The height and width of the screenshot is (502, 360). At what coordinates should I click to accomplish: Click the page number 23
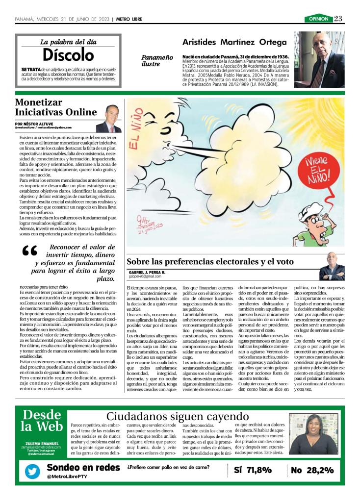pyautogui.click(x=338, y=19)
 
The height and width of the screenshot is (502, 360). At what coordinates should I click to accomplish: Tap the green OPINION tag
pyautogui.click(x=318, y=19)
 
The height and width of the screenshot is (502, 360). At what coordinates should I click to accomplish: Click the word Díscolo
pyautogui.click(x=68, y=54)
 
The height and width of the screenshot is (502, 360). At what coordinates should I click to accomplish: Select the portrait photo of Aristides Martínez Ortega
pyautogui.click(x=319, y=59)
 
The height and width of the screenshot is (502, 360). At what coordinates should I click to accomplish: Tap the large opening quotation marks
pyautogui.click(x=30, y=252)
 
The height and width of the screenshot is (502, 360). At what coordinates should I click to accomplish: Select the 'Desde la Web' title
pyautogui.click(x=42, y=420)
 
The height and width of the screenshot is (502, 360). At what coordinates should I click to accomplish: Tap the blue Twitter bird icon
pyautogui.click(x=32, y=472)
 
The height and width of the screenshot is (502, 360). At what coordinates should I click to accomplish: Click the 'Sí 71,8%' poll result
pyautogui.click(x=253, y=470)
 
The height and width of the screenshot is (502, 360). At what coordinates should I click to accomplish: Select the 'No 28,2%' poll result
pyautogui.click(x=312, y=470)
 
